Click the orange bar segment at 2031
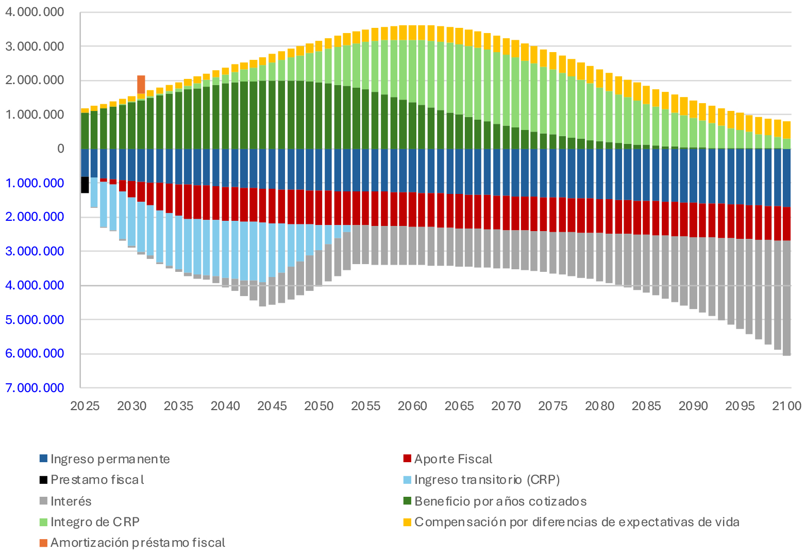(x=141, y=84)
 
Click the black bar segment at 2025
(x=85, y=185)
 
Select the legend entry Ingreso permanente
(x=110, y=459)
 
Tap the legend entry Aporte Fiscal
(x=453, y=459)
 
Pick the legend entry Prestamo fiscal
(x=97, y=480)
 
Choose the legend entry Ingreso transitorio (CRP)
(x=487, y=480)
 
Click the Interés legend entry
(x=71, y=501)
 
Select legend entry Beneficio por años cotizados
(x=500, y=501)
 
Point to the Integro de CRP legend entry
(x=95, y=522)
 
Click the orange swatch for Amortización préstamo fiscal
(x=44, y=543)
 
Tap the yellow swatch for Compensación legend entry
(x=407, y=522)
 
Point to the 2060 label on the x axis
(x=412, y=406)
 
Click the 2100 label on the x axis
(x=786, y=406)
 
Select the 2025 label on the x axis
(x=85, y=406)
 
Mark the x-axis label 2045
(x=272, y=406)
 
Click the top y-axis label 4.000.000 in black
(x=35, y=12)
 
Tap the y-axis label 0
(x=61, y=149)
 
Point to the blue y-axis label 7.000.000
(x=35, y=388)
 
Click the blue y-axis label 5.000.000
(x=35, y=320)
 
